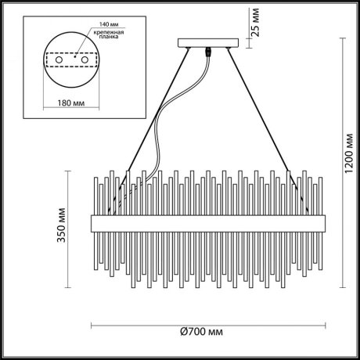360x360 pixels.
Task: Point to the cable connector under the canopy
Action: click(208, 52)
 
